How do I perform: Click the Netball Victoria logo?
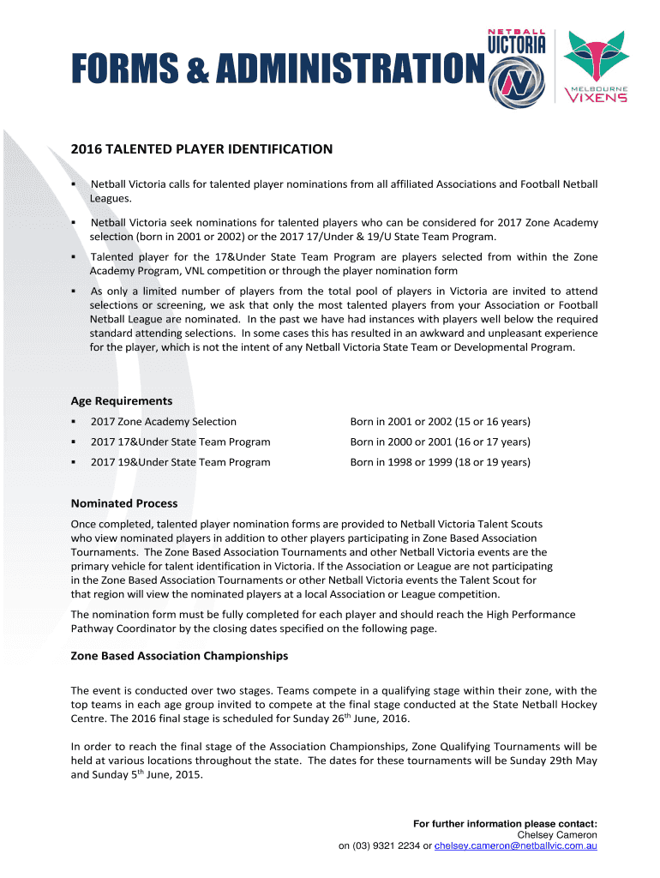pos(517,67)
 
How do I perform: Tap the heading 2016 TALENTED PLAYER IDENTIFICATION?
pos(201,149)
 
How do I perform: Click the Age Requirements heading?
pos(121,400)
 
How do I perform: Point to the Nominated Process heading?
pos(124,503)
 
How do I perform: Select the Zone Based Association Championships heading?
pos(179,656)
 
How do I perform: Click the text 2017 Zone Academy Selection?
pos(164,422)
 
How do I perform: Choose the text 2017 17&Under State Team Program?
pos(181,442)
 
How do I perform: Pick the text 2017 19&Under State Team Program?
pos(181,462)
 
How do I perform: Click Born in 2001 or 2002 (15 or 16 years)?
pos(440,422)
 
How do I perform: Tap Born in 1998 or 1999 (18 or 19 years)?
pos(440,462)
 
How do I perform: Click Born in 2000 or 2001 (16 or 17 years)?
pos(440,442)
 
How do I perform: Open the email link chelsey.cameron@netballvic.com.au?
pos(515,846)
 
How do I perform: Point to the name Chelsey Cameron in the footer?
pos(557,835)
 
